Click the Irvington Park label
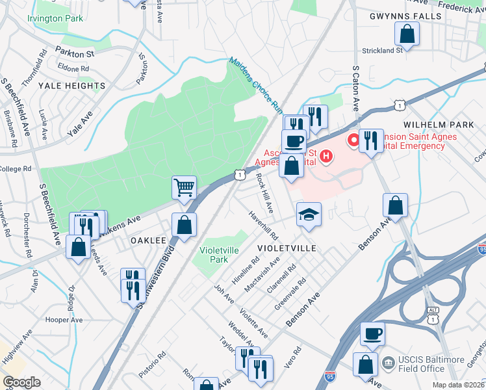tap(55, 18)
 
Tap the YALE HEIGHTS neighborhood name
tap(71, 86)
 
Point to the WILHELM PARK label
tap(438, 123)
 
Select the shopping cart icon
tap(185, 187)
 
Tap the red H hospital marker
tap(327, 156)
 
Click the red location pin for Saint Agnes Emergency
tap(353, 140)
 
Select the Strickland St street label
tap(383, 50)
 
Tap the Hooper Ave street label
tap(64, 320)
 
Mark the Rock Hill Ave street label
tap(265, 192)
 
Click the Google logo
tap(21, 382)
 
